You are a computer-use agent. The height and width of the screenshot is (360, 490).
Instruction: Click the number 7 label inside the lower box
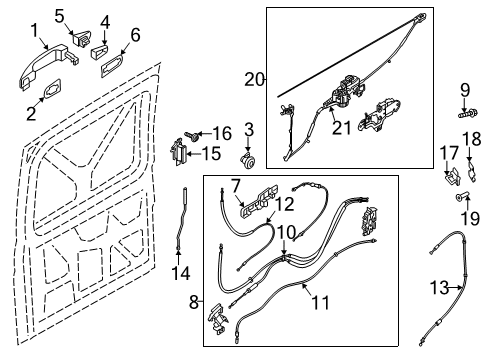tap(237, 185)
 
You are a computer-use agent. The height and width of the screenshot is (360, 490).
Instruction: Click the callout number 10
tap(285, 232)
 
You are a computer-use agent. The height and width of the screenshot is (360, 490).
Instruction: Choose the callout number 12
tap(285, 204)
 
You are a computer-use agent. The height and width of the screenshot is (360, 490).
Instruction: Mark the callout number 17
tap(448, 152)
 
